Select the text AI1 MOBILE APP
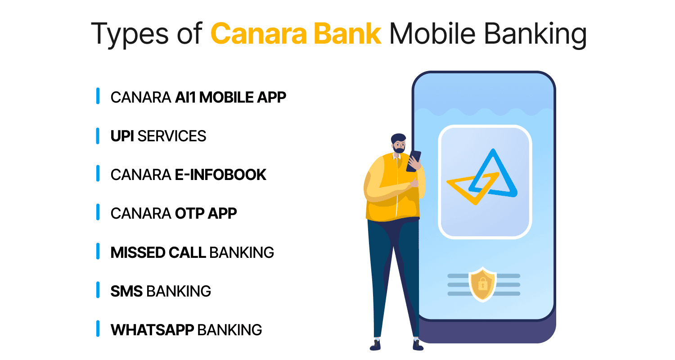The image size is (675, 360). pos(230,97)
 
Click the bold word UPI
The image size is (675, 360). pos(122,136)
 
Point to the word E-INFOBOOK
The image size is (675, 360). pos(220,175)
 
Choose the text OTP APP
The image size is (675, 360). pos(206,213)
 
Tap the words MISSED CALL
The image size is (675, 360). pos(158,252)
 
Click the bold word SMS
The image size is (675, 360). pos(126,291)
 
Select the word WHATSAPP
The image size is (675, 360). pos(152,330)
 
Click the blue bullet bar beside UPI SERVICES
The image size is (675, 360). pos(98,136)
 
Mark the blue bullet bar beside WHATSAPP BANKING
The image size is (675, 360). pos(98,329)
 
